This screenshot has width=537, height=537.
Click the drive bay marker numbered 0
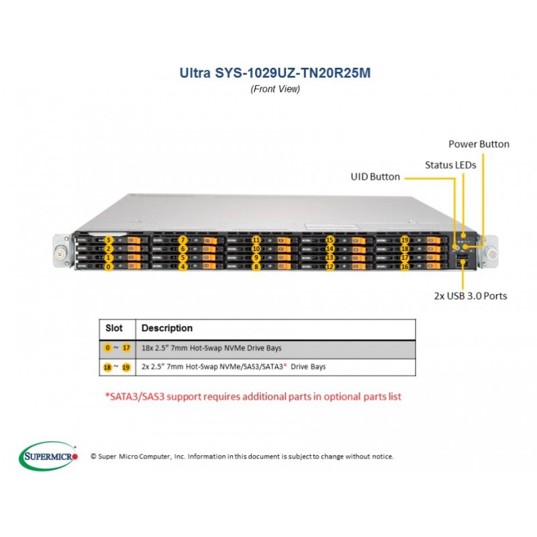109,266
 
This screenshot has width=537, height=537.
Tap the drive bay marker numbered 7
183,240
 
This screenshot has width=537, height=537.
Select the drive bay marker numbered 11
256,240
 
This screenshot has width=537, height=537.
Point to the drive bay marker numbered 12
330,266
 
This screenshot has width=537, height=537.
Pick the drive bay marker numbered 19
405,240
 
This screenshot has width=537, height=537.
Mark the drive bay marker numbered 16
405,266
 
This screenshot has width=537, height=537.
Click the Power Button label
479,144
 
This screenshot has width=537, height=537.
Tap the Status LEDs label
450,165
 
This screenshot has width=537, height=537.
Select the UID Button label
375,177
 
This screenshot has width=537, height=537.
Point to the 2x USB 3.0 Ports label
471,296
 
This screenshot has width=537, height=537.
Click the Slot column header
113,328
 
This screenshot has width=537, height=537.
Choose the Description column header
166,328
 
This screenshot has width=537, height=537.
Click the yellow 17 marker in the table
126,348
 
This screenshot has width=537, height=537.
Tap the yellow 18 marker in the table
107,367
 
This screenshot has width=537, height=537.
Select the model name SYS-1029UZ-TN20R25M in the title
293,73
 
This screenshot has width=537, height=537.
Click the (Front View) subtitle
275,89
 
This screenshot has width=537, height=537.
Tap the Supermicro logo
48,456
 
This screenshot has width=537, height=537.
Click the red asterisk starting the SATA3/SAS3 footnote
107,395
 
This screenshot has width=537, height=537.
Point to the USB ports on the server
462,260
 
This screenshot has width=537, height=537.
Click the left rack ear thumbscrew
60,254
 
